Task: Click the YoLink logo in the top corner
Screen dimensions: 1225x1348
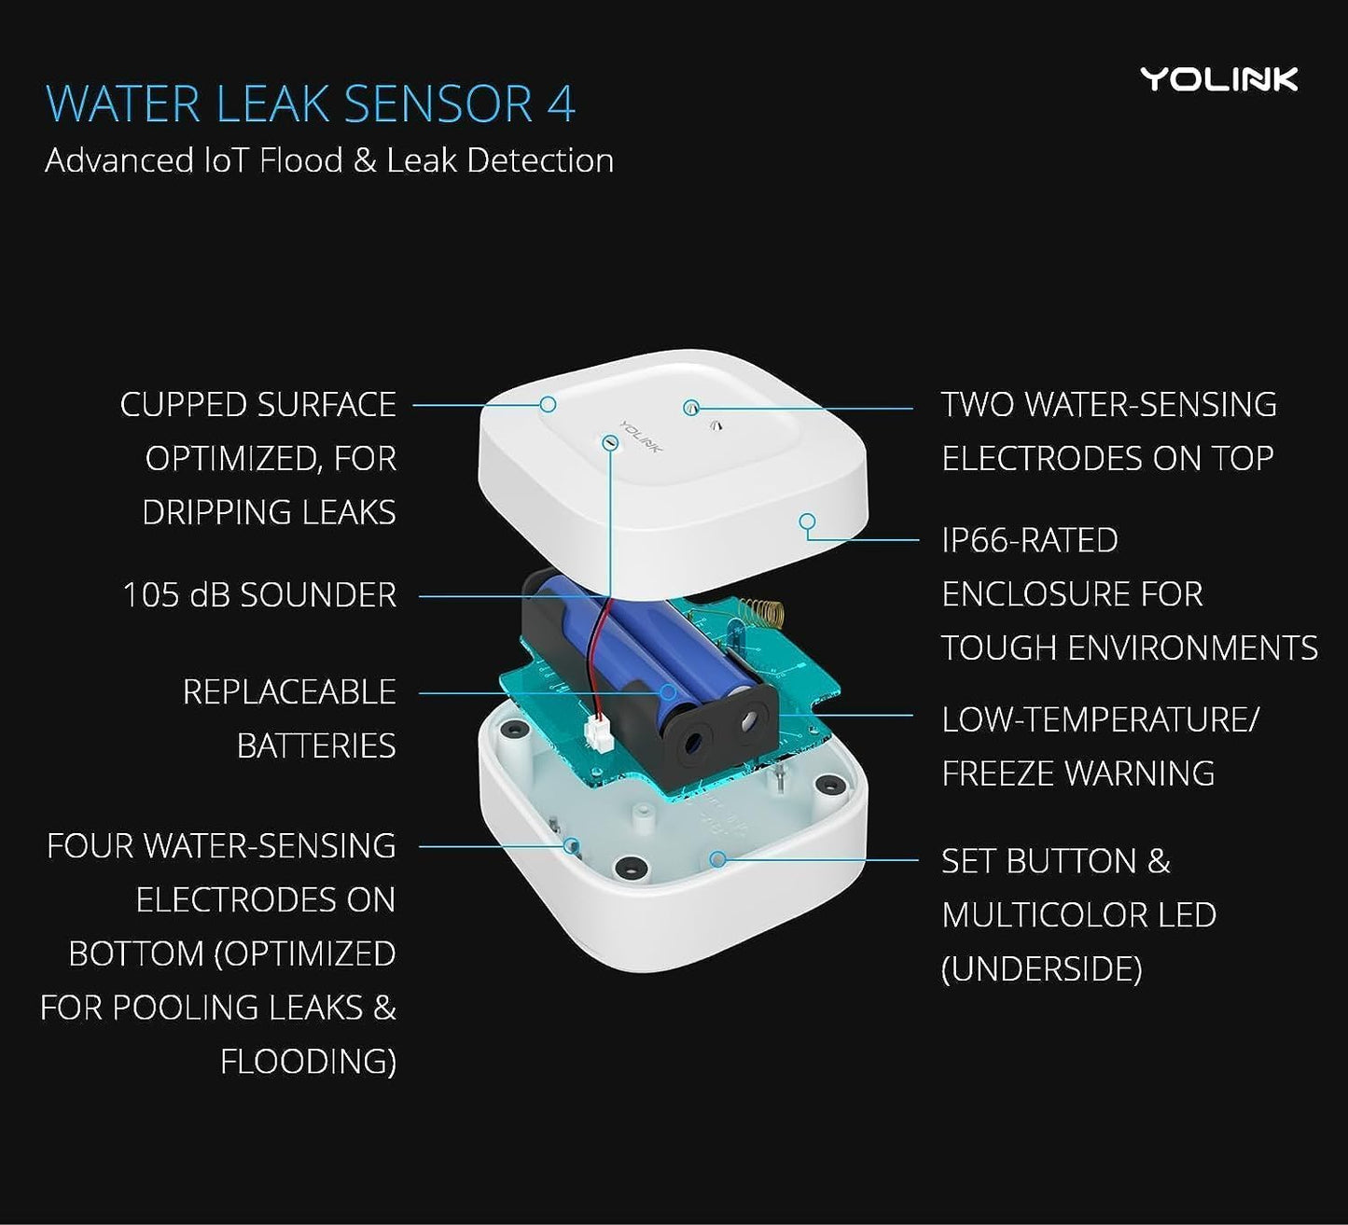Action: pyautogui.click(x=1218, y=79)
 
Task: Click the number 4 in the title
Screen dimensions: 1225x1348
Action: pyautogui.click(x=561, y=104)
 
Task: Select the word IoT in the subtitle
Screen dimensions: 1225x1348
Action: pyautogui.click(x=226, y=160)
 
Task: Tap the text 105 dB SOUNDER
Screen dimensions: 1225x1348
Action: pyautogui.click(x=259, y=595)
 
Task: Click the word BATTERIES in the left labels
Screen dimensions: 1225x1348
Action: pyautogui.click(x=315, y=746)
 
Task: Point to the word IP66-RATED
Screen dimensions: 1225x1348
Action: pyautogui.click(x=1029, y=540)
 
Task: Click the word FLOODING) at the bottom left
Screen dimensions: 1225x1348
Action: pyautogui.click(x=308, y=1062)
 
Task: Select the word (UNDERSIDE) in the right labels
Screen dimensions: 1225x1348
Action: pyautogui.click(x=1041, y=969)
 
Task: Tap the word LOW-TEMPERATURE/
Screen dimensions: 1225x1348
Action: pyautogui.click(x=1100, y=720)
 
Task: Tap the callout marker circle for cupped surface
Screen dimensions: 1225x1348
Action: pyautogui.click(x=549, y=404)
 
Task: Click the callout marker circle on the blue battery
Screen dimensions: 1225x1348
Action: pyautogui.click(x=668, y=692)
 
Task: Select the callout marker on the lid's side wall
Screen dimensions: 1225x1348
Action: pyautogui.click(x=807, y=522)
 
